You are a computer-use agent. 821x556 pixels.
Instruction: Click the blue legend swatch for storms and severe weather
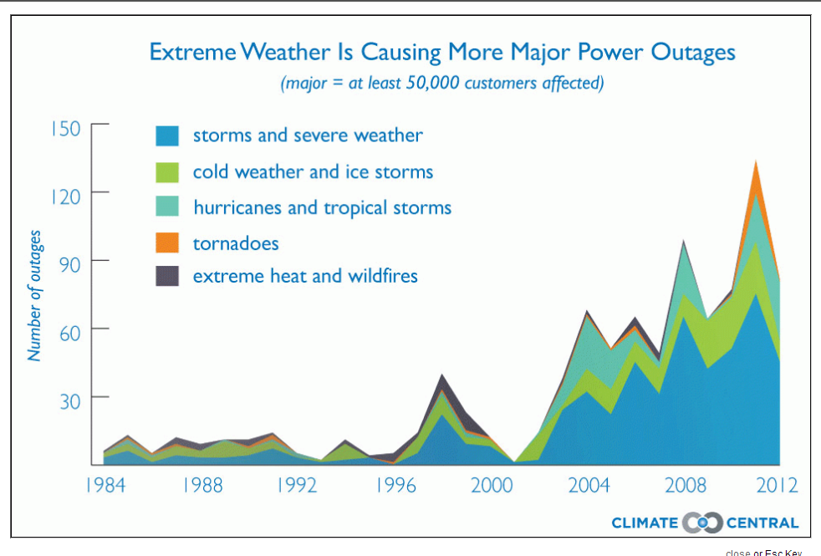point(167,136)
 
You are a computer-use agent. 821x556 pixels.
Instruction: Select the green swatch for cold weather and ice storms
point(167,172)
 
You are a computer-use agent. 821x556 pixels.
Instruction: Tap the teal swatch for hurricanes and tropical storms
point(167,207)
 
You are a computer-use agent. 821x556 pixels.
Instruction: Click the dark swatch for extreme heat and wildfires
point(167,276)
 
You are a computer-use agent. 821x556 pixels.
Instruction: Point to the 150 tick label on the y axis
point(64,129)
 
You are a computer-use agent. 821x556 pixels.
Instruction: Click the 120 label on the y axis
point(64,196)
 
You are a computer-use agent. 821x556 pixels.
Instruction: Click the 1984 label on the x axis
point(105,486)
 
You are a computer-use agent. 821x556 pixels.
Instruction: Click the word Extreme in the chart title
point(191,52)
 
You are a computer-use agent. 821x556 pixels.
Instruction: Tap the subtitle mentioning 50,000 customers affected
point(442,83)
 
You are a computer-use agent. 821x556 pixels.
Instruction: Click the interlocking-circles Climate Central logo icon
point(702,523)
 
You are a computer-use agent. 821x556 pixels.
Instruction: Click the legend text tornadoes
point(236,243)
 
